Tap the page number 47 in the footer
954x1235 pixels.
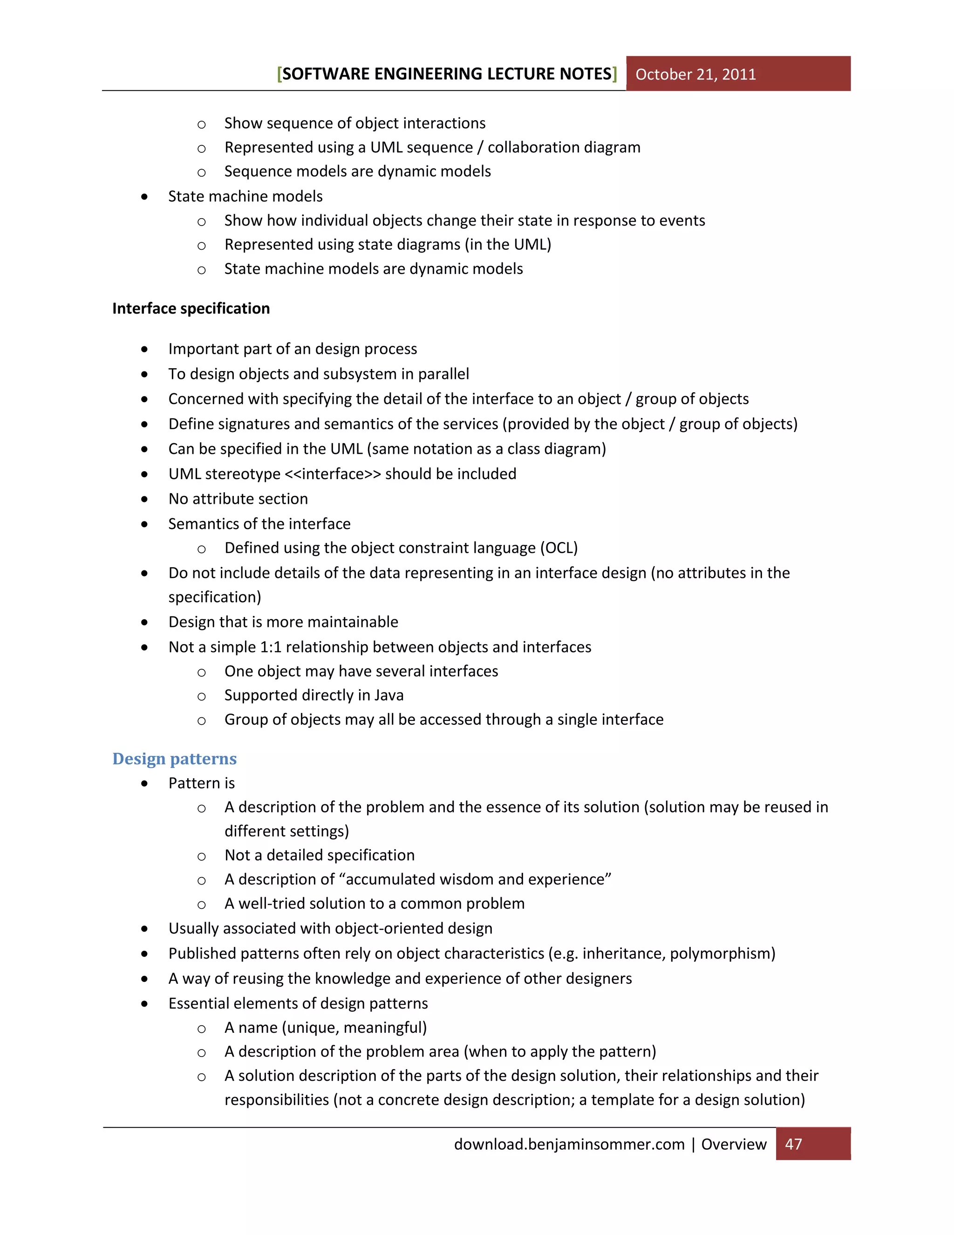(x=793, y=1144)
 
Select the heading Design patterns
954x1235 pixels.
(x=174, y=758)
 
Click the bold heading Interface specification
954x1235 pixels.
(x=191, y=308)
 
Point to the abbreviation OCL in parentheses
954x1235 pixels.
(x=559, y=548)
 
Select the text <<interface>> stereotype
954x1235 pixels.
(x=333, y=474)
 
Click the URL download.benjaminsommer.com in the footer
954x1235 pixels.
(x=569, y=1144)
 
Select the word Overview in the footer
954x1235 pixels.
(x=734, y=1144)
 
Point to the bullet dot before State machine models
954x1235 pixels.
(x=145, y=197)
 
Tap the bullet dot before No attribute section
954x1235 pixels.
(x=145, y=499)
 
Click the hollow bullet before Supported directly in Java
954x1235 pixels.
(x=201, y=697)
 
